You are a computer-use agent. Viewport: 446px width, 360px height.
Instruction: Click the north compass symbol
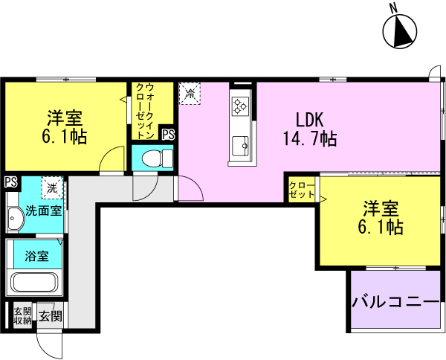[400, 30]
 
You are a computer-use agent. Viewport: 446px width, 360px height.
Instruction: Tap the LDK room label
[310, 120]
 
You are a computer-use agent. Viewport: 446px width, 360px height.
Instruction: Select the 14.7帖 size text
[310, 139]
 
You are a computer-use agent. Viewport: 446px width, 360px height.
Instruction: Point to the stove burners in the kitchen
[240, 106]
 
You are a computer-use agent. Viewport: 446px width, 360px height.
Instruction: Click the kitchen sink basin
[240, 146]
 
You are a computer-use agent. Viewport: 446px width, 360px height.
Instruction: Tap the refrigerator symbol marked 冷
[190, 94]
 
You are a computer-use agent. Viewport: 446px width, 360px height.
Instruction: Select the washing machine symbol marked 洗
[52, 187]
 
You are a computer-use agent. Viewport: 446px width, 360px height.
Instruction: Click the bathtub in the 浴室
[34, 282]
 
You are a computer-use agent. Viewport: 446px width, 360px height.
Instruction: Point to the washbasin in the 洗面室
[14, 218]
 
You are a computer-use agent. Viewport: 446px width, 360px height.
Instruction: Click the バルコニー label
[395, 302]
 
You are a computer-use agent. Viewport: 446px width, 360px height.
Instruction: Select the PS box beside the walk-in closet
[168, 135]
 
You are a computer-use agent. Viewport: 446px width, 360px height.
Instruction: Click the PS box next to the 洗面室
[11, 182]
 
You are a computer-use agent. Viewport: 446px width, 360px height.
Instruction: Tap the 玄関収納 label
[22, 316]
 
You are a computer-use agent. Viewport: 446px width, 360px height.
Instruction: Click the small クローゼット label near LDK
[302, 190]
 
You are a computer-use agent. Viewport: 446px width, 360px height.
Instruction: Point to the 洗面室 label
[44, 211]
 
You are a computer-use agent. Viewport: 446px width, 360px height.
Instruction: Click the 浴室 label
[36, 256]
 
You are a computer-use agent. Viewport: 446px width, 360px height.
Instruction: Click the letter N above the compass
[394, 9]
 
